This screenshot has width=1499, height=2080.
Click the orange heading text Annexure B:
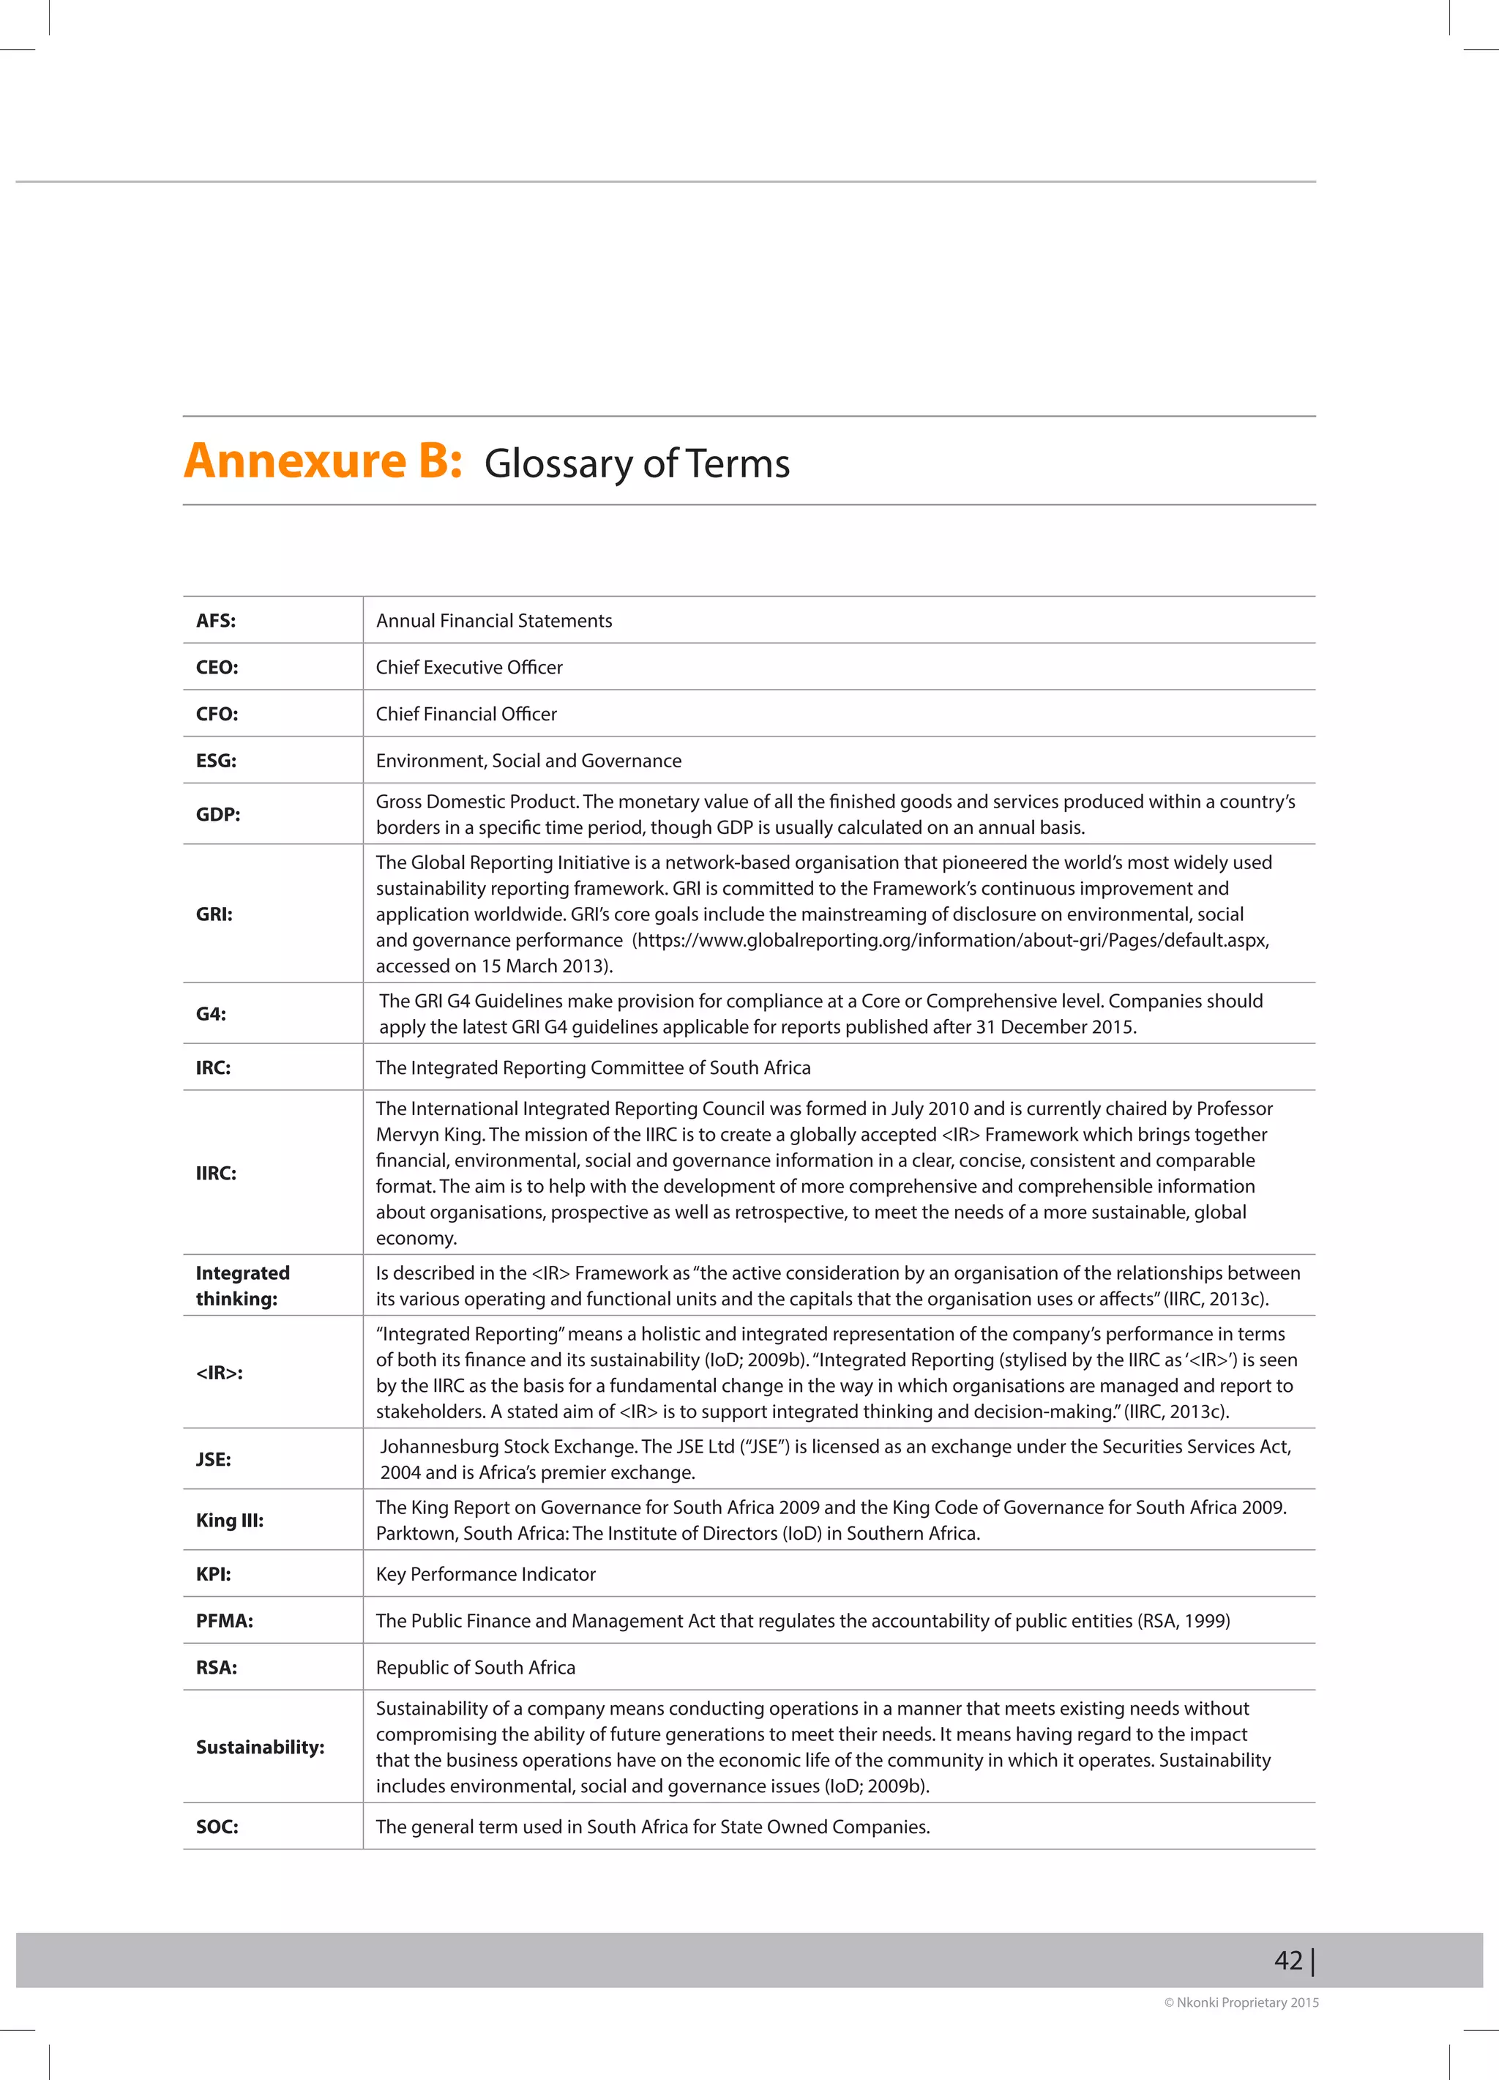(323, 461)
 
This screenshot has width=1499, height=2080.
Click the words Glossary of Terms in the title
(636, 464)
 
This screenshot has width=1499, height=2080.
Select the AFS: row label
(215, 621)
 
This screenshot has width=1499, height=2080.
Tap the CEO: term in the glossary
(217, 668)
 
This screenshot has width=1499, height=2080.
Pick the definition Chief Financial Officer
(466, 715)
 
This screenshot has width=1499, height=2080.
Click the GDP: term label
(217, 814)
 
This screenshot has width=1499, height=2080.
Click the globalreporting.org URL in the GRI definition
(952, 940)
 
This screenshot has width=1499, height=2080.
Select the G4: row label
(211, 1014)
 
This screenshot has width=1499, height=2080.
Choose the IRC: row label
(213, 1068)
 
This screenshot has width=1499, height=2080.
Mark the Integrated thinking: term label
(242, 1286)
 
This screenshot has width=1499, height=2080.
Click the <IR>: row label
(219, 1373)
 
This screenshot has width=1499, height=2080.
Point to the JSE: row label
(213, 1459)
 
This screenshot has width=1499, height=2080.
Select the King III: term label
(229, 1521)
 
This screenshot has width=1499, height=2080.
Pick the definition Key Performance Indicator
(485, 1575)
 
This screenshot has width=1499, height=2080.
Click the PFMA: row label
(224, 1622)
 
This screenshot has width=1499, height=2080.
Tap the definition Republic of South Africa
(475, 1669)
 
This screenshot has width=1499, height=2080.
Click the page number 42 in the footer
(1287, 1961)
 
